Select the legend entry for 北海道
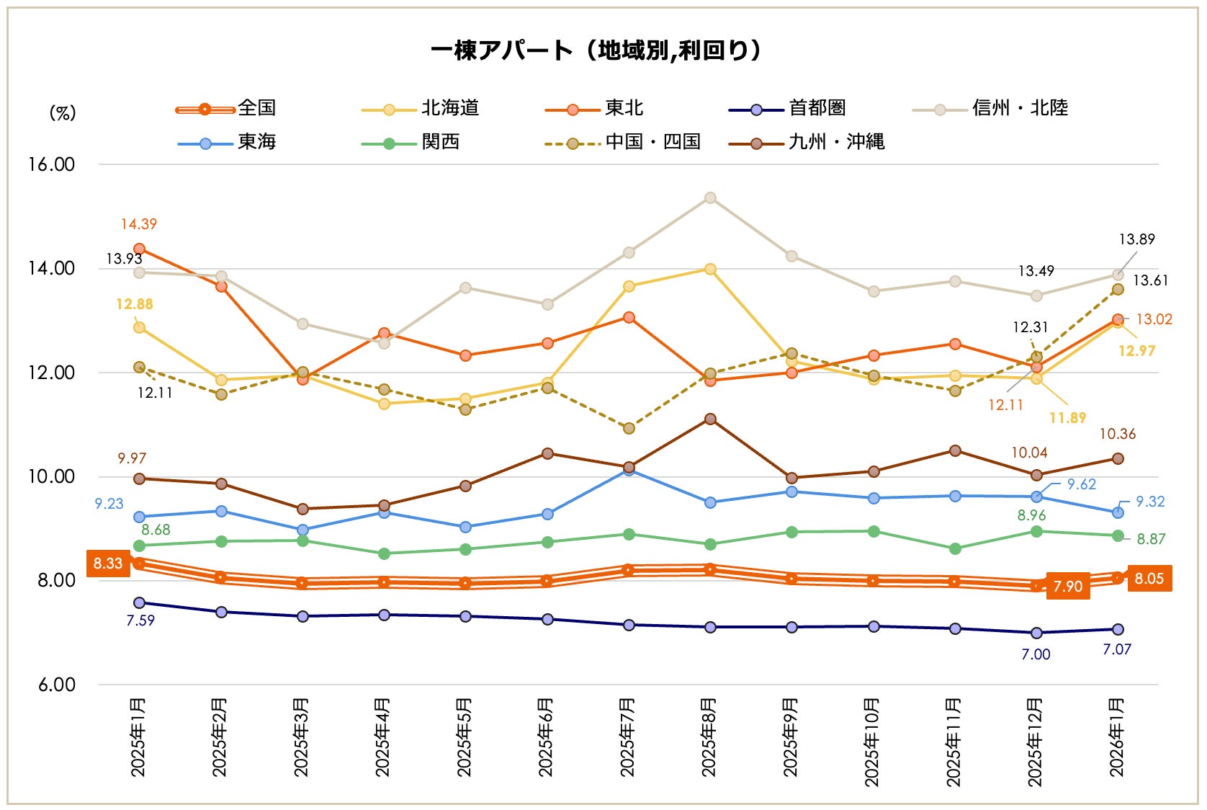coord(449,108)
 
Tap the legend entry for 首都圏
coord(817,108)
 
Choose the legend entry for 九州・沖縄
coord(835,142)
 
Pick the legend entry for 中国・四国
coord(652,142)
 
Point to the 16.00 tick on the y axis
coord(51,164)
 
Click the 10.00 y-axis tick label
coord(51,476)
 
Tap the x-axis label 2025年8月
coord(709,737)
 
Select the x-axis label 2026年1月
coord(1116,737)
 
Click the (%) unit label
coord(63,113)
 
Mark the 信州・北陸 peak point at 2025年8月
coord(710,197)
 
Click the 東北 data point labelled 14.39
coord(139,249)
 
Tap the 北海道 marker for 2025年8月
coord(710,269)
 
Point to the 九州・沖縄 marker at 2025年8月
coord(710,419)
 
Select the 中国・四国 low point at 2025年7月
coord(629,428)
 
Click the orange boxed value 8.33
coord(108,564)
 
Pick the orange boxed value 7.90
coord(1067,587)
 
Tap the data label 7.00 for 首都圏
coord(1036,654)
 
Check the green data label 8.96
coord(1031,515)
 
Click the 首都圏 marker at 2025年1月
coord(139,602)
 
